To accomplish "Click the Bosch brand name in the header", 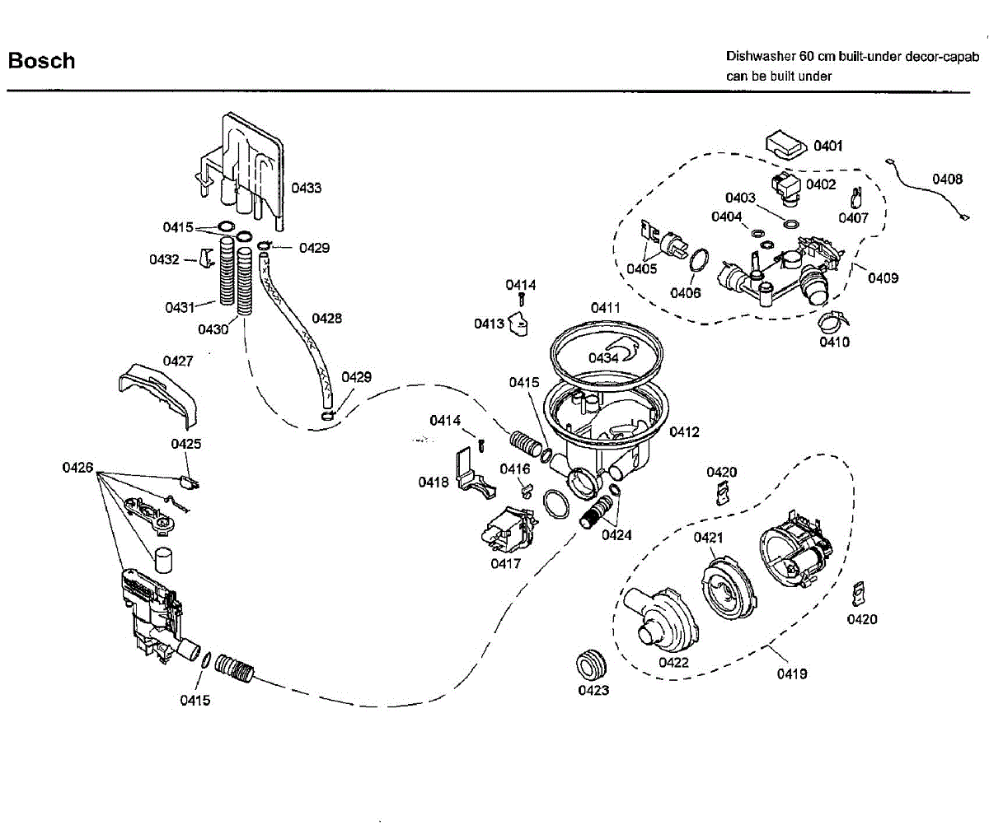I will click(41, 61).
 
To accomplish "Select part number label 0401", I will click(827, 146).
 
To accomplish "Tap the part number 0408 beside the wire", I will click(947, 179).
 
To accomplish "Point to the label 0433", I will click(306, 188).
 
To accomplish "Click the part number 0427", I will click(177, 361).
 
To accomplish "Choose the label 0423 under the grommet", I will click(593, 690).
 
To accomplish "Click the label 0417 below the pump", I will click(505, 563).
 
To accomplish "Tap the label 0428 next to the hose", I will click(327, 318).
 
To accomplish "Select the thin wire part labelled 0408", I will click(927, 192).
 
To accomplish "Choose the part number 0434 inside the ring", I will click(602, 357).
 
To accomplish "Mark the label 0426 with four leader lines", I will click(77, 468).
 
